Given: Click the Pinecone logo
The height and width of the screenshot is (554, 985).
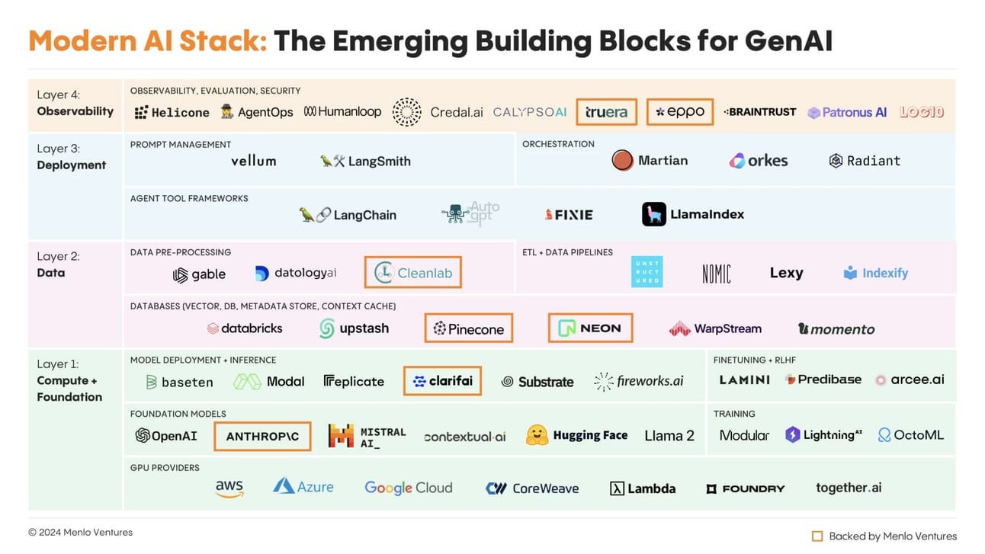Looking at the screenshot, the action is coord(468,328).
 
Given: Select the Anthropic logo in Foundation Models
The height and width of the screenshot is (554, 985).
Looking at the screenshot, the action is coord(262,436).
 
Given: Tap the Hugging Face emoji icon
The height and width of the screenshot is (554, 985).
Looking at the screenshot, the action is coord(537,435).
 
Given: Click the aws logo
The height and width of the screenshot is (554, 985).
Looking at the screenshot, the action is coord(229,488).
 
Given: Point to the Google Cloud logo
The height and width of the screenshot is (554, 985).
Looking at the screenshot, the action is coord(408,488).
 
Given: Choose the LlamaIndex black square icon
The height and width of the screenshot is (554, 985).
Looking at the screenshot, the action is coord(653,214).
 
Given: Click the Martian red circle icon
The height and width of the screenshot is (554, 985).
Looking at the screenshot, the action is coord(622,161).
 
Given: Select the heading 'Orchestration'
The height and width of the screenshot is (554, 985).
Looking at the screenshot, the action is coord(558,144).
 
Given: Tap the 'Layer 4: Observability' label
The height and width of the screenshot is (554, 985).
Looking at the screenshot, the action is coord(75,103).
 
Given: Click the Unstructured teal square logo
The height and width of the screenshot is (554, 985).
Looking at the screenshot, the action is coord(647,272).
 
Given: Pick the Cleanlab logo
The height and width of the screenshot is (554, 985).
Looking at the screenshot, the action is coord(412,273).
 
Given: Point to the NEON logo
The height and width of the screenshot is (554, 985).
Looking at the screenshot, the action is coord(590,328).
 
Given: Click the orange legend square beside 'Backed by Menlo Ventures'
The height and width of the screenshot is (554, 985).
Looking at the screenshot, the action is coord(817,536).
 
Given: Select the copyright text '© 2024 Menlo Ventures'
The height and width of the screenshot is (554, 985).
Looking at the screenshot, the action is coord(80,532).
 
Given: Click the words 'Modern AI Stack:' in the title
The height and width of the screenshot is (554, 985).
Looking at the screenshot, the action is coord(148,41).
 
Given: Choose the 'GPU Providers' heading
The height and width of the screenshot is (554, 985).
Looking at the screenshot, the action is coord(165,467).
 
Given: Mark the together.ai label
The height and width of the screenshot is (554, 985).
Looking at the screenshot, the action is coord(848,488).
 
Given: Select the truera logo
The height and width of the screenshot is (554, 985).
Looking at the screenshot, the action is coord(606,112).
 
